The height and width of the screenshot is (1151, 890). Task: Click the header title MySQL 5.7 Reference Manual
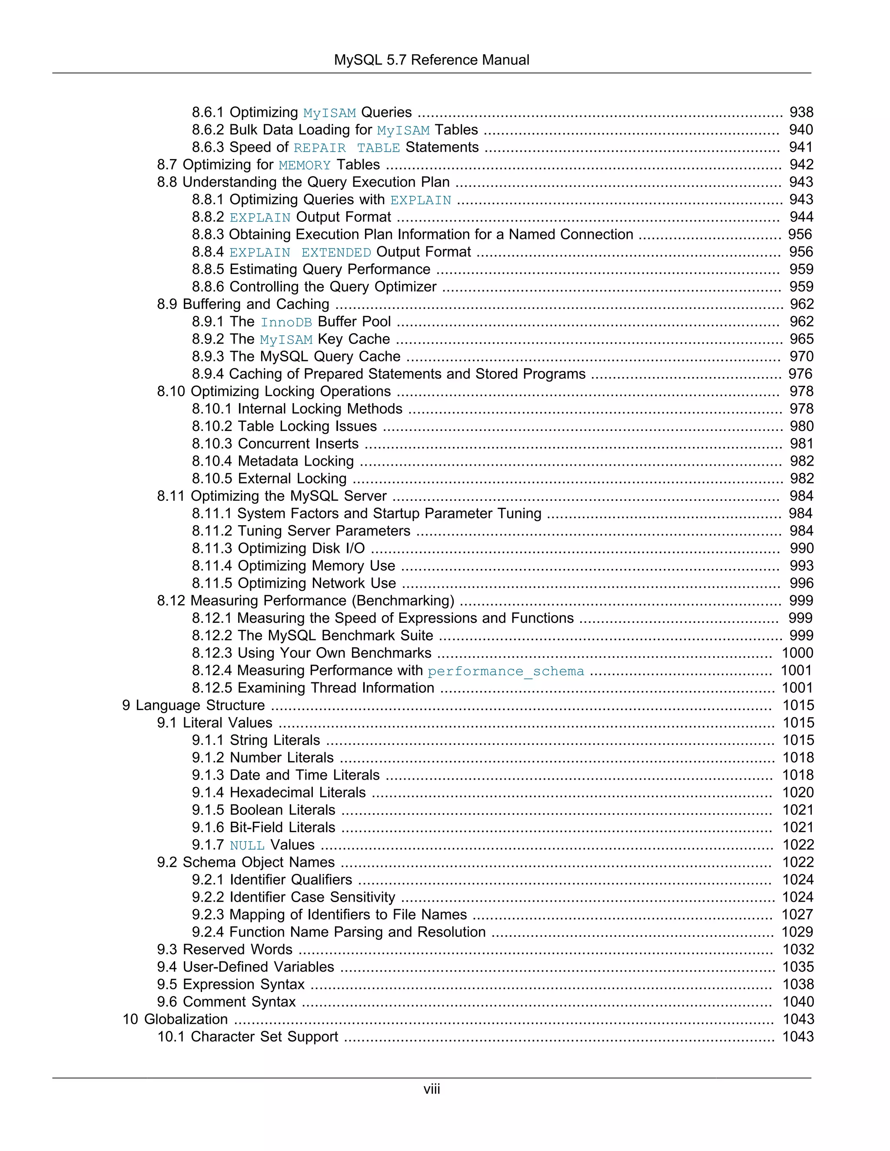coord(431,60)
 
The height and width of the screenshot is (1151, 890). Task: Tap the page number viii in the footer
coord(431,1089)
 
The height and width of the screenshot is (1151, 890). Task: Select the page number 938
coord(801,112)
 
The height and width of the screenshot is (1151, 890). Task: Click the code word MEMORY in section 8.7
coord(305,165)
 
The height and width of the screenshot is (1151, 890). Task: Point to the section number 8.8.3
coord(208,235)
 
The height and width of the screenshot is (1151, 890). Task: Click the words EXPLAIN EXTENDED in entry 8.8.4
coord(300,252)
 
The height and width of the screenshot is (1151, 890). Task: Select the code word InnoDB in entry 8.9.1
coord(286,322)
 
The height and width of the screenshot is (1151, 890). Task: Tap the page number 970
coord(801,356)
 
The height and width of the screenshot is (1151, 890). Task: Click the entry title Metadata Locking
coord(296,461)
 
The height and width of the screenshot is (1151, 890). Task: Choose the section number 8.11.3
coord(212,548)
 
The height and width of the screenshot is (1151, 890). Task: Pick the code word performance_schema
coord(506,671)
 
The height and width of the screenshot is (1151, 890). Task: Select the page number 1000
coord(797,653)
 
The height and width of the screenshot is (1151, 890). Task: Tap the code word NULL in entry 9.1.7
coord(247,845)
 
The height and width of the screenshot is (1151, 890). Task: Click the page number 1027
coord(797,914)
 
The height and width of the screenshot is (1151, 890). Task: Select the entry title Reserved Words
coord(237,949)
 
